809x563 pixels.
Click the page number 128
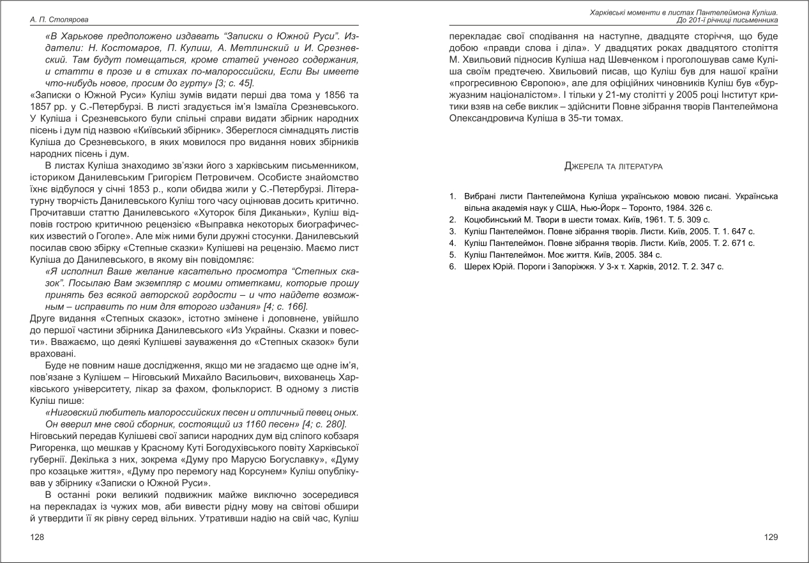(37, 537)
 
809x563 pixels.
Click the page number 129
(771, 537)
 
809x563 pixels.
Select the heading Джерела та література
(614, 166)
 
